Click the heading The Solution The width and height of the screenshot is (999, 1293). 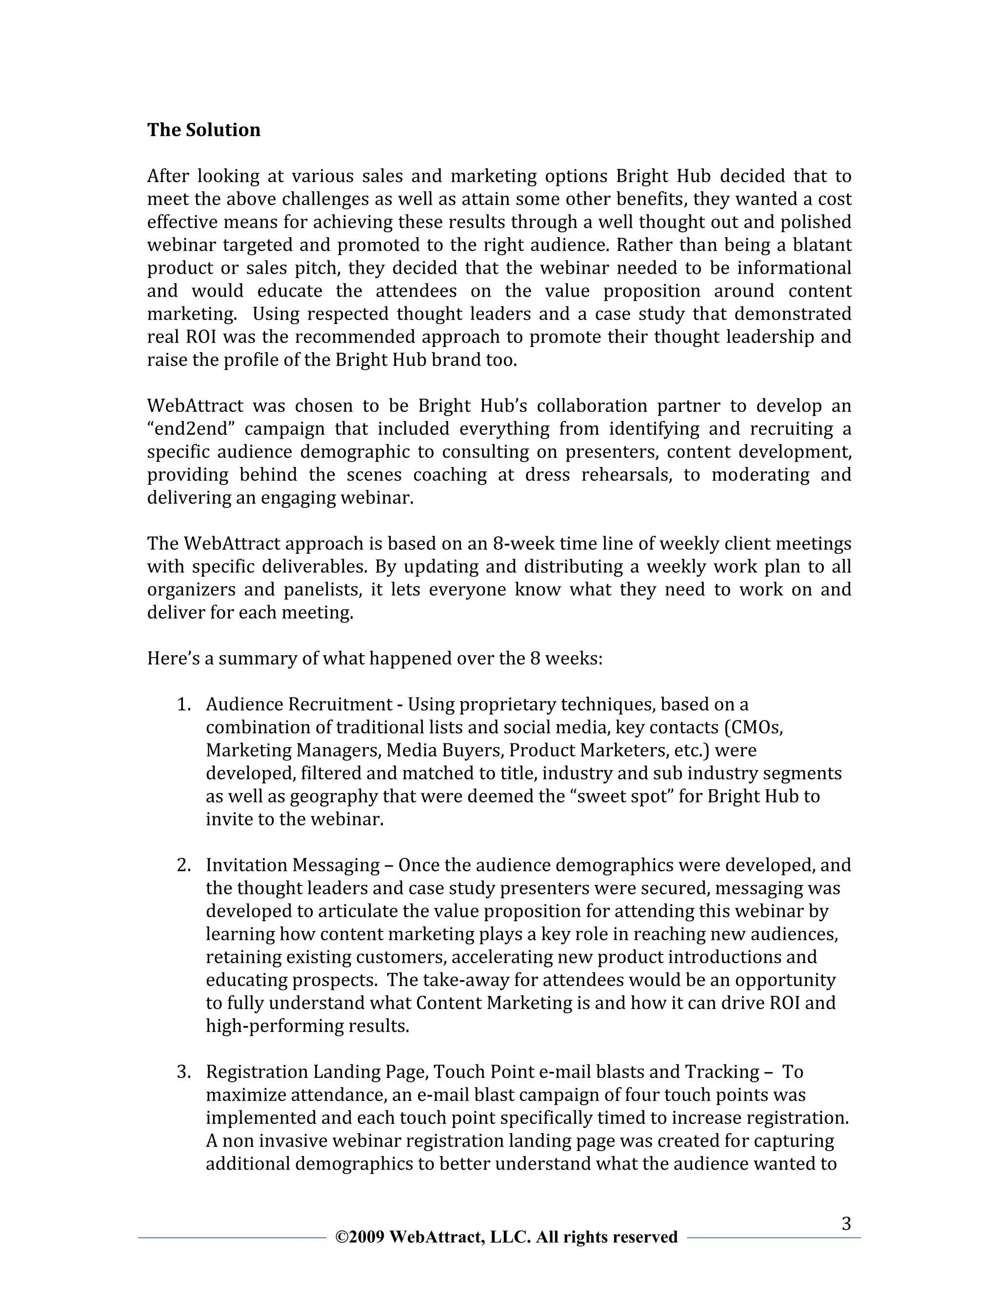(x=203, y=130)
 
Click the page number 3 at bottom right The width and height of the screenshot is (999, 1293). (x=846, y=1224)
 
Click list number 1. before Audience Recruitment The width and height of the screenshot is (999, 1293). (x=184, y=705)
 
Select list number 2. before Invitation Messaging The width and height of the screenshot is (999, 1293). (x=184, y=865)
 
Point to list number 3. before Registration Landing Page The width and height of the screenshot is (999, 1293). (x=184, y=1071)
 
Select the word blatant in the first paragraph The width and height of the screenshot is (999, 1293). (x=822, y=245)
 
